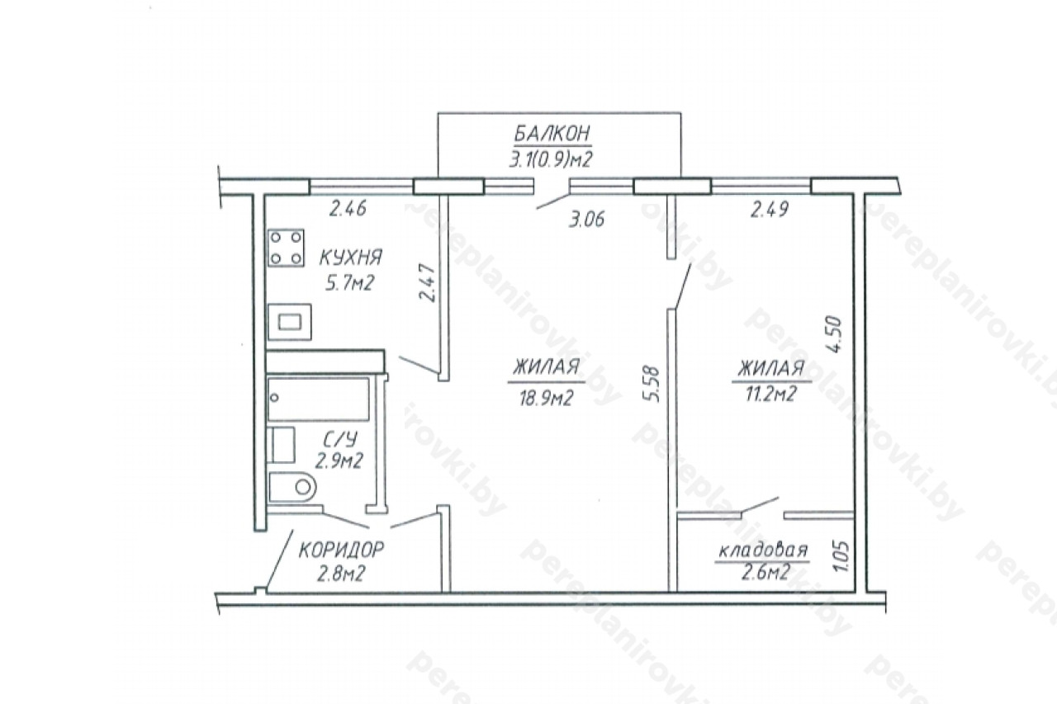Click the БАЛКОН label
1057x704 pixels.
click(552, 134)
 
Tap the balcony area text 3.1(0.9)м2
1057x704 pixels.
click(551, 159)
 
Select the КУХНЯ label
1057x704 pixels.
click(350, 258)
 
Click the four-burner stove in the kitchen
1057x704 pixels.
click(286, 248)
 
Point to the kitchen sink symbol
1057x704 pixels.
click(290, 322)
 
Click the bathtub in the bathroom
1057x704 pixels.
click(319, 399)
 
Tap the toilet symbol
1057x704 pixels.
click(292, 487)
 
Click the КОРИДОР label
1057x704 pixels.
click(342, 550)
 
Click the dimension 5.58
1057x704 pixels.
click(652, 384)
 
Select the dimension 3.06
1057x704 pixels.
click(586, 220)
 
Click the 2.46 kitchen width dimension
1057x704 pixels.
click(348, 208)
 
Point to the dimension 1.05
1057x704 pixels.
click(841, 556)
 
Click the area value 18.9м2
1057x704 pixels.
click(545, 399)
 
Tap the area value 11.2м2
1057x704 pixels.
click(771, 393)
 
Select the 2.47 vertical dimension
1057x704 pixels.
click(428, 283)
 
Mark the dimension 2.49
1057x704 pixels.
click(769, 209)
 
